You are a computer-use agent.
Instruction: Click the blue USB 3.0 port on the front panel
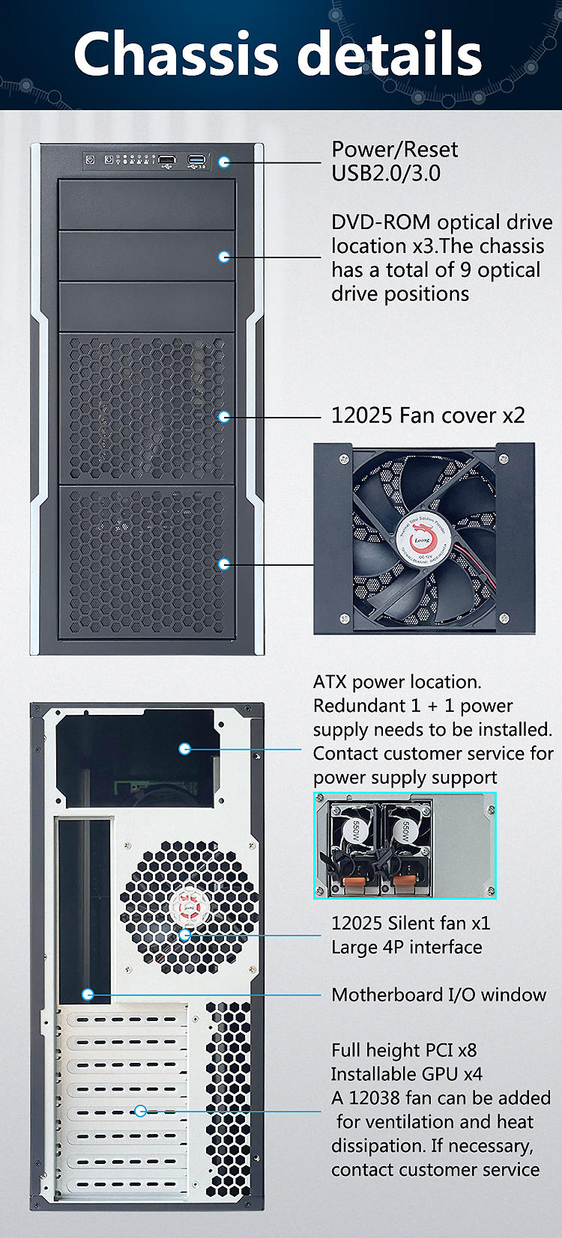(196, 159)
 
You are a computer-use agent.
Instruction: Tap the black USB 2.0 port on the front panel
(167, 159)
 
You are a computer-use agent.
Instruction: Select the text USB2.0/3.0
(385, 174)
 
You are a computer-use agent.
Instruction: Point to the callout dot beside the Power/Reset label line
(224, 162)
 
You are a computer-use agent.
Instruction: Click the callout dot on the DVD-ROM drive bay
(224, 257)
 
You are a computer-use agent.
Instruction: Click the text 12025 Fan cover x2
(428, 415)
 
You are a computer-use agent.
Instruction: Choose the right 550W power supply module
(402, 846)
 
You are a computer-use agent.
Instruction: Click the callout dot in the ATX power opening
(185, 748)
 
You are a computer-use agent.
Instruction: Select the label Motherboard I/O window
(438, 995)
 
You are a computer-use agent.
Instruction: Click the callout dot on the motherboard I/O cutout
(88, 994)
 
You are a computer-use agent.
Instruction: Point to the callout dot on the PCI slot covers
(140, 1111)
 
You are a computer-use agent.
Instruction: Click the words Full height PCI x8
(403, 1050)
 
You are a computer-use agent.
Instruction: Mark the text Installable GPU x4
(406, 1074)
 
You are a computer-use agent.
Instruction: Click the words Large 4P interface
(406, 947)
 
